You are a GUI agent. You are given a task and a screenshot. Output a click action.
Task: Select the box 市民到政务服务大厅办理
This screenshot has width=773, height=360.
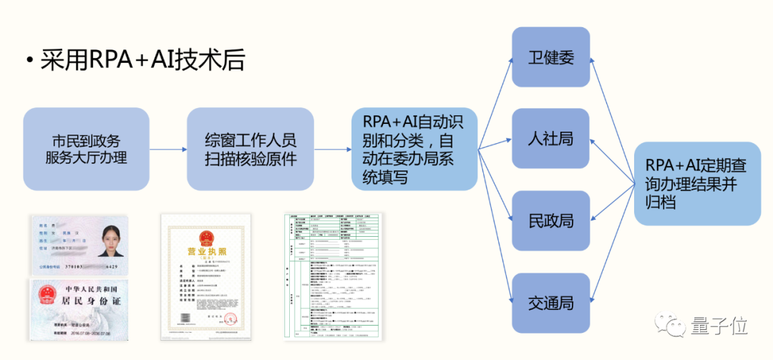(x=87, y=148)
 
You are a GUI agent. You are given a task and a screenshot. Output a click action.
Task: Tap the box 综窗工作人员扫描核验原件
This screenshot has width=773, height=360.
(x=251, y=148)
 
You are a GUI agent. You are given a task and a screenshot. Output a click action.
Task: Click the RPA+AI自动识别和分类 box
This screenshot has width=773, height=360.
(x=414, y=148)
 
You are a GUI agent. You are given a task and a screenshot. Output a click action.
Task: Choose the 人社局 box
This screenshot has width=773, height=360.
(x=551, y=138)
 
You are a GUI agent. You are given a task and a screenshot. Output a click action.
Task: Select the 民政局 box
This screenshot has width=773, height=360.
(x=551, y=220)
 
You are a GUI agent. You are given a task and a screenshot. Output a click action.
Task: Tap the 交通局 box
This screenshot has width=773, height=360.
(x=551, y=302)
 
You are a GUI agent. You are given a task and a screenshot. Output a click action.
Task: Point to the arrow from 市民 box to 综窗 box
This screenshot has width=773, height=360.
(x=168, y=149)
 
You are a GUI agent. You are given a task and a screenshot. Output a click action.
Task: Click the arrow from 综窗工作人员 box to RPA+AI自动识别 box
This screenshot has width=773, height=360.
(x=333, y=149)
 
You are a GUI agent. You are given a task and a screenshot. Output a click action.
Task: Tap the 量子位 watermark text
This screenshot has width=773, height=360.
(x=719, y=326)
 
